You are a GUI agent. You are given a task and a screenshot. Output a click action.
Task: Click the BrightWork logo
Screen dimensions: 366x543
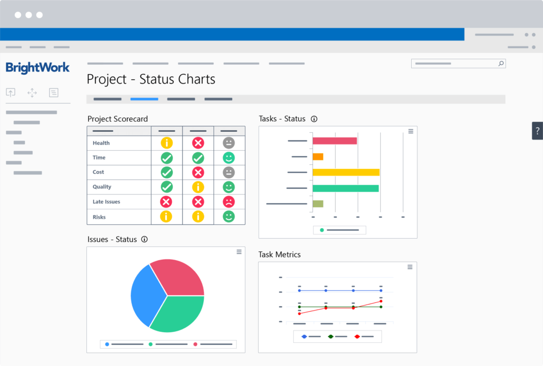coord(38,68)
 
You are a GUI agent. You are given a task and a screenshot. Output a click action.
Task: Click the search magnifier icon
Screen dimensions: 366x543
coord(501,64)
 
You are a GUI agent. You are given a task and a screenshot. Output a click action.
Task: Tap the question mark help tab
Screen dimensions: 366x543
coord(537,131)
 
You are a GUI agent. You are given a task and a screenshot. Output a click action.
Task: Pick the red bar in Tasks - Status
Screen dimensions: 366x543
coord(335,141)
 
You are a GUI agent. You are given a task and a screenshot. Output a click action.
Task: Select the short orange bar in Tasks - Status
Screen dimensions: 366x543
coord(318,157)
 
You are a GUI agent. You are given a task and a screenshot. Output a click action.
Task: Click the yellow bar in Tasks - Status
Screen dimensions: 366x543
coord(346,172)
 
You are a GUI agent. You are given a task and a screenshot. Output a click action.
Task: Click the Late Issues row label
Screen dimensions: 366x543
coord(106,202)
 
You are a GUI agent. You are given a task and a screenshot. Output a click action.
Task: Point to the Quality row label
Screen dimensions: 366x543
coord(102,187)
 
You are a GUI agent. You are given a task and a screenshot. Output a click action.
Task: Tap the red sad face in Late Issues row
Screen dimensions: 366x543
coord(229,202)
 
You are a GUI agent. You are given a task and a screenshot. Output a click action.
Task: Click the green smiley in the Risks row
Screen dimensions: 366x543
coord(229,216)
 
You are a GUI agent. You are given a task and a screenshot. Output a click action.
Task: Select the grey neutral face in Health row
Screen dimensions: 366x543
coord(229,143)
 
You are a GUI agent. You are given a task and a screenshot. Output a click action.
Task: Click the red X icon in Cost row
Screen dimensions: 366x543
coord(198,172)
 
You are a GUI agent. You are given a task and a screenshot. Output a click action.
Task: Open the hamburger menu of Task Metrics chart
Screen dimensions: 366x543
coord(410,267)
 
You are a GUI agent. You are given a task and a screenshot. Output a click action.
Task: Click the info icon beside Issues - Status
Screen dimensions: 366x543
coord(145,239)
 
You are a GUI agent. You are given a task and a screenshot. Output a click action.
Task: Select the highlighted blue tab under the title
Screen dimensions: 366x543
coord(144,99)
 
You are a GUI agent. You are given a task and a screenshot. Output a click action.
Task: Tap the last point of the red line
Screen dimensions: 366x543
coord(381,301)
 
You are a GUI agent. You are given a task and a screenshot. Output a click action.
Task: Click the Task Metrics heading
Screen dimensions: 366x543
coord(279,255)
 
